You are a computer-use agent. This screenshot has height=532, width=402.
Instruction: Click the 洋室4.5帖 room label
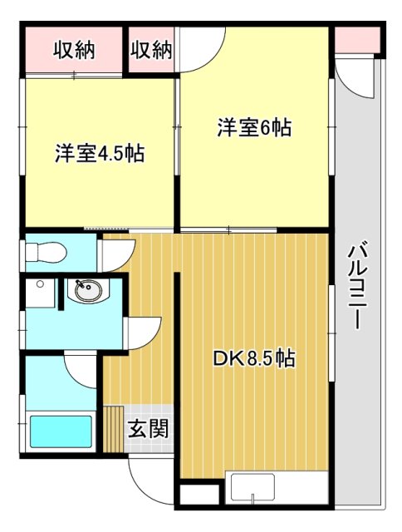[x=100, y=154]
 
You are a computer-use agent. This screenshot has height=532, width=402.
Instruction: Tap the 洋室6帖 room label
[x=254, y=128]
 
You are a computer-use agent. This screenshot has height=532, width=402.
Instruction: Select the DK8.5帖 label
[x=254, y=359]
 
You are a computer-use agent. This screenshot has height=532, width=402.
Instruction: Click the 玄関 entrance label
[x=149, y=430]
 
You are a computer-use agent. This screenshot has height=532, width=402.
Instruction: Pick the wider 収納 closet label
[x=74, y=50]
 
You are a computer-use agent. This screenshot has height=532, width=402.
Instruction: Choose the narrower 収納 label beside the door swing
[x=151, y=50]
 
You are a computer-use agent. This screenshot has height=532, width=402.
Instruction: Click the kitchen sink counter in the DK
[x=261, y=490]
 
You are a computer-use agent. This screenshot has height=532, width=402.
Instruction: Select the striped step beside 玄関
[x=113, y=428]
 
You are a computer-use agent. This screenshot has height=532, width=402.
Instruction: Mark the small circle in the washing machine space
[x=39, y=283]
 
